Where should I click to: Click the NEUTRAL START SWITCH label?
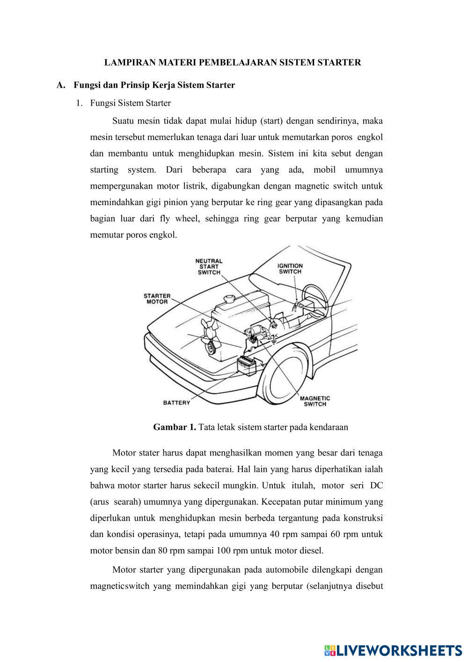tap(209, 266)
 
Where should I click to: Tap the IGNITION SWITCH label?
tap(290, 268)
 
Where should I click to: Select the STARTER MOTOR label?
tap(157, 299)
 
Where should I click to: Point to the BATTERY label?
tap(176, 403)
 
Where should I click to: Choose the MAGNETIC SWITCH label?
tap(314, 401)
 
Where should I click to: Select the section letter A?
tap(59, 85)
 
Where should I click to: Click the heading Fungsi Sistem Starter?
tap(130, 103)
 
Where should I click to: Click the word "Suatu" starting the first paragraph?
tap(124, 121)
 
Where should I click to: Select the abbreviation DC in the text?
tap(376, 485)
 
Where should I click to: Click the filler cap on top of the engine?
tap(229, 299)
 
